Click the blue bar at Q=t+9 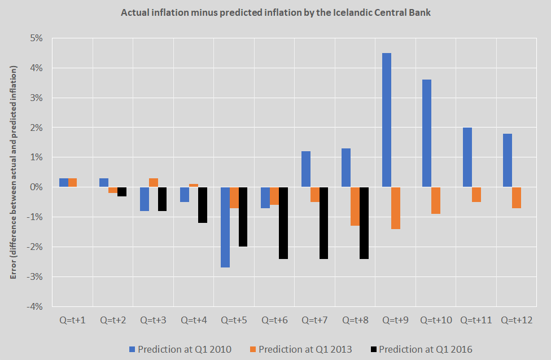pos(387,120)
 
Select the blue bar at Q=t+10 pos(427,133)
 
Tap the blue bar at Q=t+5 pos(225,227)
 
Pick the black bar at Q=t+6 pos(283,222)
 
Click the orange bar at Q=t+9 pos(395,208)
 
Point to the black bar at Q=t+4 pos(203,204)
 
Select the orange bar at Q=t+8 pos(355,206)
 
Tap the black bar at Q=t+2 pos(122,191)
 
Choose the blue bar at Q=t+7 pos(306,169)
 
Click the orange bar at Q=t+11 pos(476,194)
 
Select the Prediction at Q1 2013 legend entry pos(300,349)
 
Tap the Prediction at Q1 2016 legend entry pos(420,349)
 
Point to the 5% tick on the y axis pos(37,38)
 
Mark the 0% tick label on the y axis pos(37,187)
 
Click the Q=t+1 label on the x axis pos(72,320)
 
